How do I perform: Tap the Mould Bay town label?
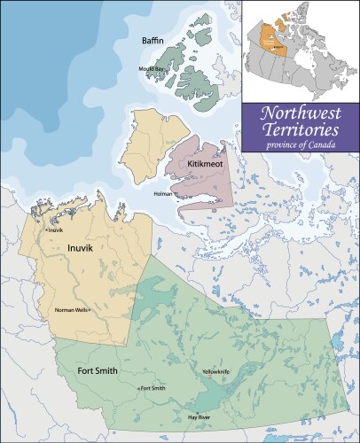(x=150, y=68)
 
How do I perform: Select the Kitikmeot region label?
(x=205, y=165)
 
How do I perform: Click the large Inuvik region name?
(x=80, y=249)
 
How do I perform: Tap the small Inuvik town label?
(x=58, y=230)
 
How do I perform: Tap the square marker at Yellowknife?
(x=209, y=377)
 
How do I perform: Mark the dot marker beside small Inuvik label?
(x=47, y=231)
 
